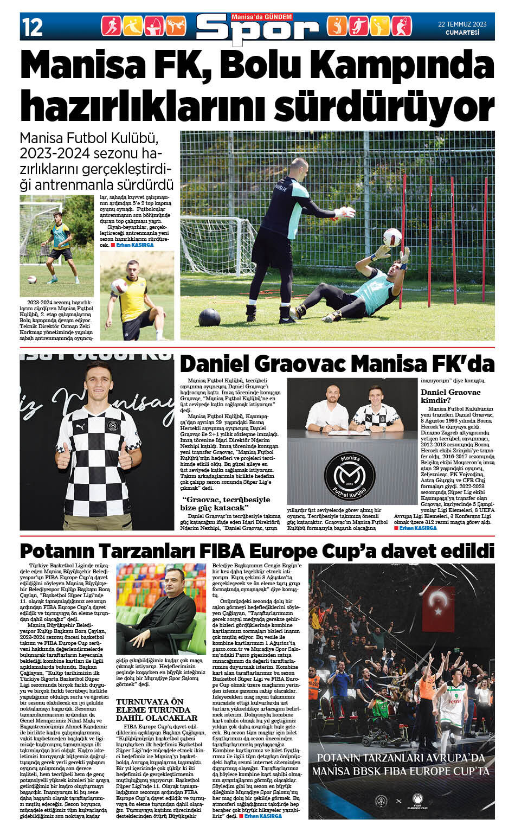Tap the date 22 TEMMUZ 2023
462,24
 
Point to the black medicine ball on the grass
209,317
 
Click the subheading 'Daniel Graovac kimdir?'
450,396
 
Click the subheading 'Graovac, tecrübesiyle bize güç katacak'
226,503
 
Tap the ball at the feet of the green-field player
32,280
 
